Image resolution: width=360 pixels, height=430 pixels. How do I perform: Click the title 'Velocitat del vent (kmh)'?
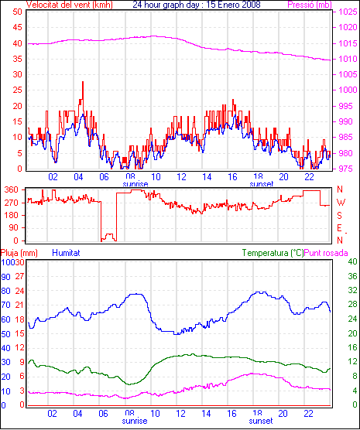click(x=70, y=5)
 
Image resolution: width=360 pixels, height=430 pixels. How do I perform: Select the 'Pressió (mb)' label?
click(x=310, y=5)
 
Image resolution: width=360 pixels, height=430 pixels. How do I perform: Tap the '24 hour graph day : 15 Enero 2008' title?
click(x=197, y=5)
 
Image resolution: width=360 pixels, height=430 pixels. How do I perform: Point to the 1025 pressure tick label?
click(x=348, y=12)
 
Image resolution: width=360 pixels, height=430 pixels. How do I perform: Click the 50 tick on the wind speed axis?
click(x=18, y=12)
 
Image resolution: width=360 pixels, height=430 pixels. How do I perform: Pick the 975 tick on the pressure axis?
click(x=345, y=169)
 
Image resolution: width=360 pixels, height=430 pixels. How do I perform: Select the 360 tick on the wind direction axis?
click(x=12, y=189)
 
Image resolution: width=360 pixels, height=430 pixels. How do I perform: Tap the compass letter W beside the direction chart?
click(x=341, y=203)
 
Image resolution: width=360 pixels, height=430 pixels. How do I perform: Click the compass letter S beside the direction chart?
click(x=339, y=216)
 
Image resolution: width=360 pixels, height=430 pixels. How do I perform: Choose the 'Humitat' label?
click(x=66, y=253)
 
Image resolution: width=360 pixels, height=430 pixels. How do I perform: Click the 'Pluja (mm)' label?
click(x=19, y=253)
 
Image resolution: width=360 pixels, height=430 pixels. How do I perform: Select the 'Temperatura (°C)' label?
click(x=273, y=253)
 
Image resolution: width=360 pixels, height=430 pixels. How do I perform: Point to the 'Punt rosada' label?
click(x=326, y=253)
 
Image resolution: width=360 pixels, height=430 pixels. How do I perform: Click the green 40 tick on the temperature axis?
click(x=352, y=261)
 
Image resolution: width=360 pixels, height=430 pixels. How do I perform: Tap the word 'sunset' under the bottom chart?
click(x=261, y=421)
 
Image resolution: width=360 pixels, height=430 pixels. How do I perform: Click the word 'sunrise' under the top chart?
click(x=135, y=184)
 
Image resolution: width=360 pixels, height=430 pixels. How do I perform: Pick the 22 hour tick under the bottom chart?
click(x=309, y=413)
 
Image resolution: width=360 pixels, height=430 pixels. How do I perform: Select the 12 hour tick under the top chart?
click(x=181, y=177)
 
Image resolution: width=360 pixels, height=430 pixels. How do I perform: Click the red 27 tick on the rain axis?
click(x=19, y=276)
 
